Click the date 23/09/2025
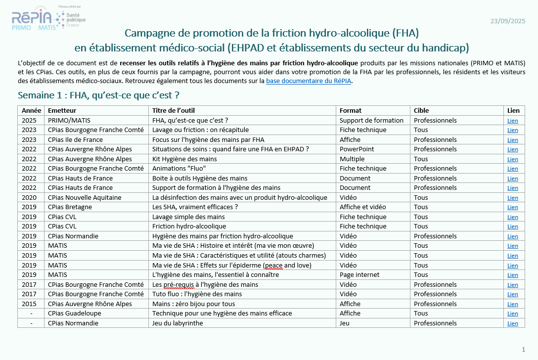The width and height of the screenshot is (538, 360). click(x=508, y=21)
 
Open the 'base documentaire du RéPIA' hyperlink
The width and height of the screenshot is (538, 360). click(x=309, y=81)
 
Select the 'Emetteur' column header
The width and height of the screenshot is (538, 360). click(x=62, y=110)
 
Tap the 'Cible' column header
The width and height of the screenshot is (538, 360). click(x=421, y=110)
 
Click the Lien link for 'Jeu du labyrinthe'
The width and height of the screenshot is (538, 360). click(x=513, y=323)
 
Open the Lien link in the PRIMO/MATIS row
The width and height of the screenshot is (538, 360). click(x=513, y=121)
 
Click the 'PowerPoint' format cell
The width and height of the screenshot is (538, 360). click(x=357, y=149)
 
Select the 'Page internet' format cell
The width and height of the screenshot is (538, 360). click(x=359, y=275)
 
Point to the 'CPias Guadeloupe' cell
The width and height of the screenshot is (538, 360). click(x=75, y=314)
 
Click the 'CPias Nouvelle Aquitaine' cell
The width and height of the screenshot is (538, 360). click(x=85, y=197)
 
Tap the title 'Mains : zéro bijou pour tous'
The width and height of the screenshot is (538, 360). click(x=193, y=304)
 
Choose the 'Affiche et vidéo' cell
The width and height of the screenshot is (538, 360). click(x=362, y=207)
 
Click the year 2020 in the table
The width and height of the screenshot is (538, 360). click(x=29, y=197)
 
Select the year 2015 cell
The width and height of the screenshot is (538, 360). click(x=29, y=304)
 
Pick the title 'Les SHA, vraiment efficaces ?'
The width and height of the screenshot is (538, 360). click(x=195, y=207)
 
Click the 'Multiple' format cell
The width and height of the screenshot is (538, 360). click(x=352, y=159)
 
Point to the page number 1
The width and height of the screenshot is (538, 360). click(x=523, y=350)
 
